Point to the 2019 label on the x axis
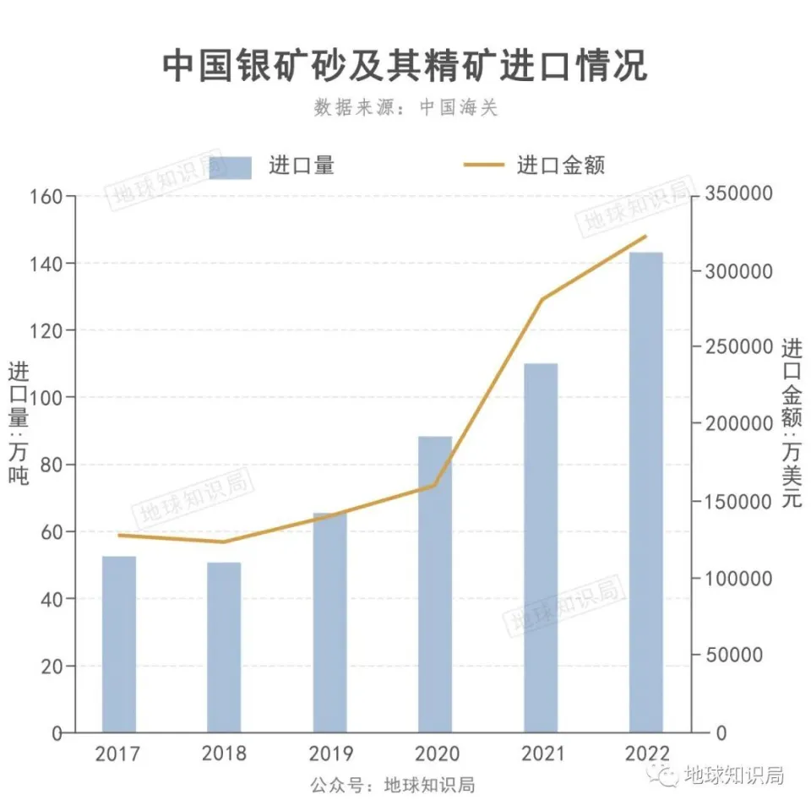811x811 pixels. (x=329, y=754)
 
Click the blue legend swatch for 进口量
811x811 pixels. (x=230, y=166)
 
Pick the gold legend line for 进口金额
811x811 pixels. (x=485, y=165)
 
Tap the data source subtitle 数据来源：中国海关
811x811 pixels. (x=405, y=108)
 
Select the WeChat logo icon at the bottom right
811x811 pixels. (x=667, y=776)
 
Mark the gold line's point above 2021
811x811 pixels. (x=542, y=299)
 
